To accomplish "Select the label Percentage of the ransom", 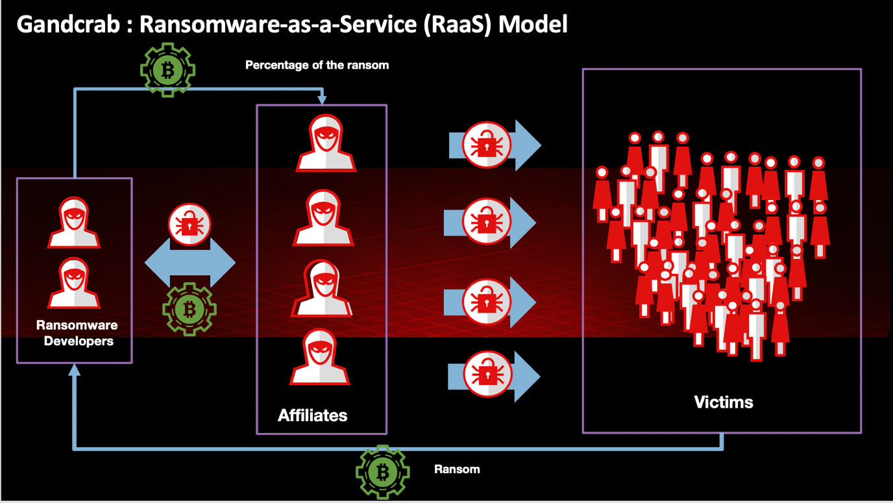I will (x=317, y=65).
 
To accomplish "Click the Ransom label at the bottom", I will (x=457, y=469).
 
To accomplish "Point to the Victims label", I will (x=723, y=402).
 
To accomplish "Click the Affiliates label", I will (x=312, y=415).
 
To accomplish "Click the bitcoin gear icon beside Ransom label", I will (x=382, y=472).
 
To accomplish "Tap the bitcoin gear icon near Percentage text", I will (x=167, y=69).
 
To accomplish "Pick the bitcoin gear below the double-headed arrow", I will (x=189, y=309).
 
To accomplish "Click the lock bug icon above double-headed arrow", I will (x=190, y=225).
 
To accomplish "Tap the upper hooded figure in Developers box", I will (x=74, y=223).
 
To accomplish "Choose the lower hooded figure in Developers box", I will (x=74, y=283).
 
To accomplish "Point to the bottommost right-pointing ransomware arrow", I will (x=493, y=376).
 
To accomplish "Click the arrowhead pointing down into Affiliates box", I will (x=322, y=100).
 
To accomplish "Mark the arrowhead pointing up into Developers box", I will (x=75, y=369).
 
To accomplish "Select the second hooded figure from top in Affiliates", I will (x=323, y=218).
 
